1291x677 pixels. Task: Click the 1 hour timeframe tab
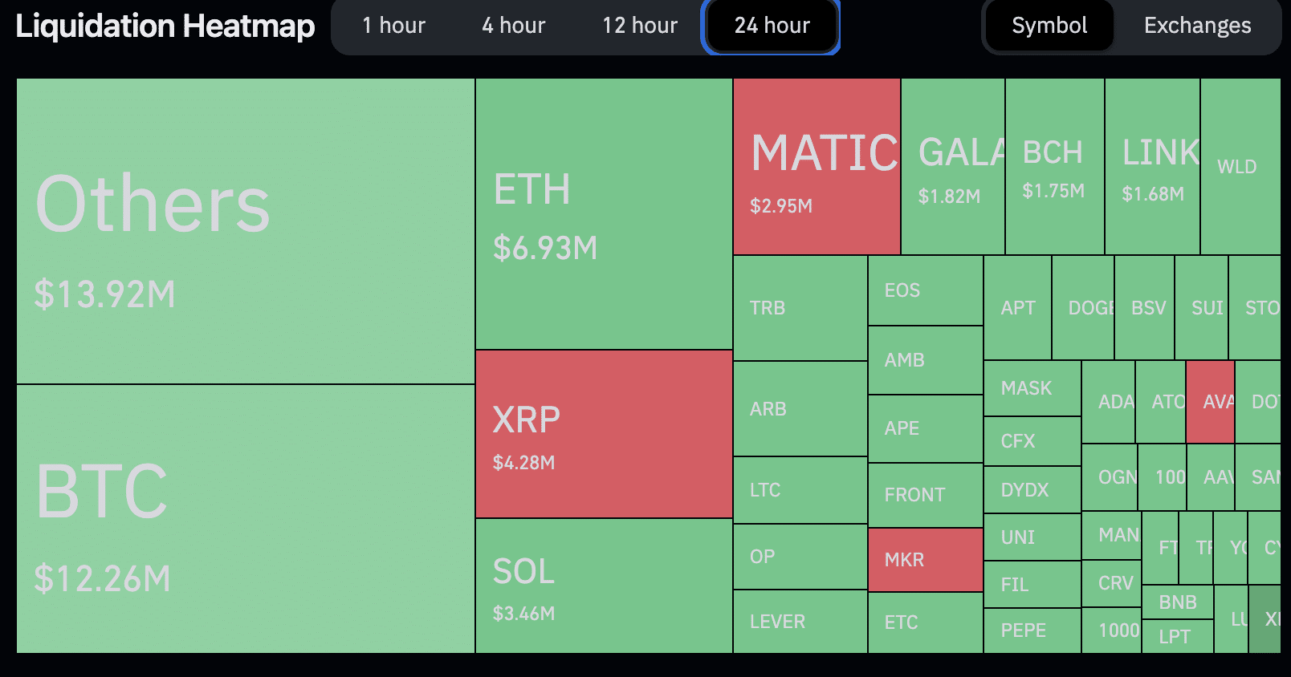[x=393, y=26]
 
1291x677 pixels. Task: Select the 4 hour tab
[x=513, y=26]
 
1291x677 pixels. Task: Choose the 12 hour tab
[x=640, y=26]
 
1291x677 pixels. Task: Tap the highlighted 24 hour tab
[x=772, y=26]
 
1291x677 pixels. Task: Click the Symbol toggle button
[x=1049, y=26]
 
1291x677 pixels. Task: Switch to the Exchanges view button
[x=1197, y=26]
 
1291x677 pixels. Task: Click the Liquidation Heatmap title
[x=165, y=26]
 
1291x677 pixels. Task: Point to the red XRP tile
[x=604, y=434]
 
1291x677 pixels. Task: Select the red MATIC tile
[x=817, y=167]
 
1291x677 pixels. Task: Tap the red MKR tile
[x=925, y=560]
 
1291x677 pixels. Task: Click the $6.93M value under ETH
[x=545, y=248]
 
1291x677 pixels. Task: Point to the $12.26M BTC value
[x=103, y=578]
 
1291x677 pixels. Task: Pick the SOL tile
[x=604, y=586]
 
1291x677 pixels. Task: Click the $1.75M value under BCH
[x=1053, y=191]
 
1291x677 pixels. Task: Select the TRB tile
[x=800, y=308]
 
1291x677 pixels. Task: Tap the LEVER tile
[x=800, y=622]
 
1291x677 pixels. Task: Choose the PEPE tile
[x=1032, y=630]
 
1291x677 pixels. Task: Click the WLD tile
[x=1240, y=167]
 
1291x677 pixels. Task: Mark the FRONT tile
[x=925, y=495]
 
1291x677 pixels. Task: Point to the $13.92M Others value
[x=104, y=294]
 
